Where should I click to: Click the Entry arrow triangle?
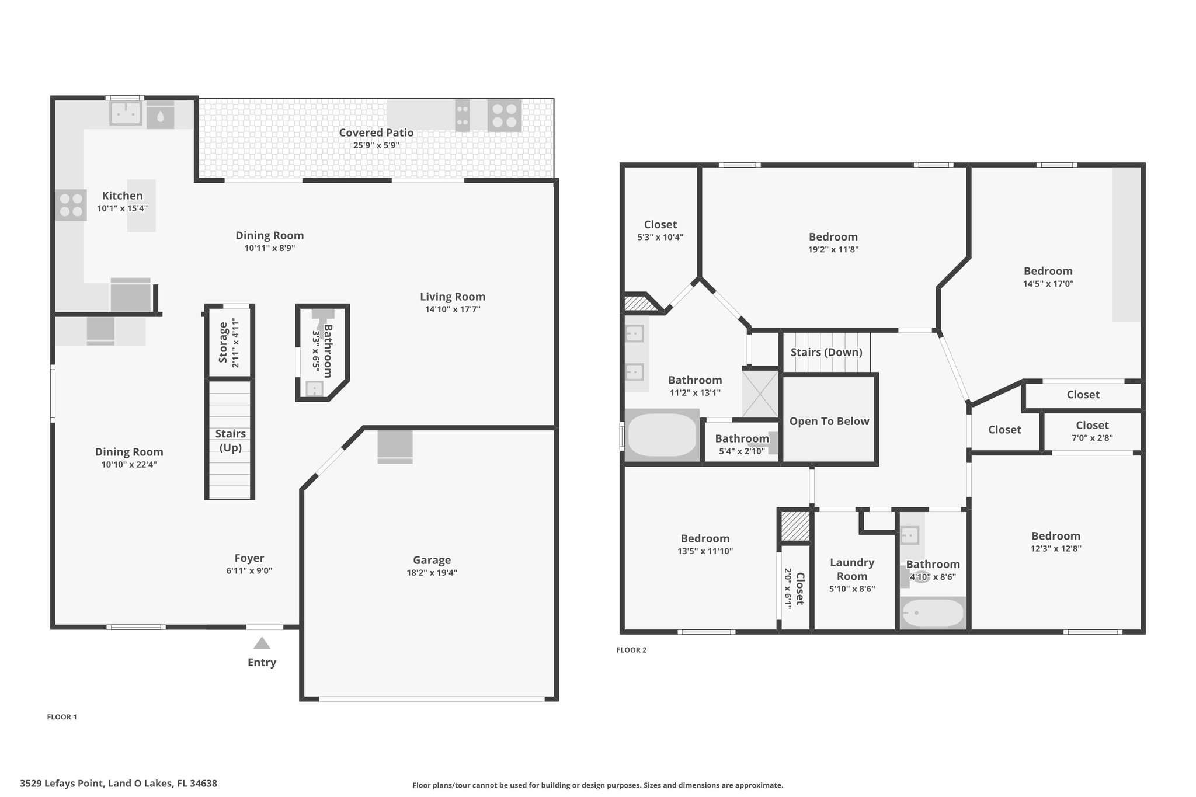click(x=262, y=643)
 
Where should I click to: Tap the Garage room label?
click(x=432, y=560)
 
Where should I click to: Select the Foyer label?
click(x=249, y=558)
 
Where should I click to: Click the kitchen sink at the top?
click(x=126, y=113)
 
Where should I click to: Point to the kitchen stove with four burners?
click(x=71, y=205)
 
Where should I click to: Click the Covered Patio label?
click(x=376, y=133)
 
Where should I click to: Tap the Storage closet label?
click(x=222, y=342)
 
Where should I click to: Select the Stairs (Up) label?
click(x=230, y=440)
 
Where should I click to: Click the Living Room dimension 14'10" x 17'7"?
click(x=453, y=309)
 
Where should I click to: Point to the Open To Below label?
click(x=829, y=421)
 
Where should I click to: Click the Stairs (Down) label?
click(x=826, y=352)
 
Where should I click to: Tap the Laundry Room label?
click(x=852, y=569)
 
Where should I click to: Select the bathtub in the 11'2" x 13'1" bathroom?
click(x=662, y=435)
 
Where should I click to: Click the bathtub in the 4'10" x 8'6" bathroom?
click(x=933, y=614)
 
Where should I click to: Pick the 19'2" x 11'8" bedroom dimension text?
click(x=833, y=249)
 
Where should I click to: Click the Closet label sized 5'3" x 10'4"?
click(x=660, y=225)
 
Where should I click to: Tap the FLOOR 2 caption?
click(x=631, y=650)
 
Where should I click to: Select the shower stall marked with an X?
click(x=760, y=394)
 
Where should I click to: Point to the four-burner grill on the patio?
click(x=505, y=115)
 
